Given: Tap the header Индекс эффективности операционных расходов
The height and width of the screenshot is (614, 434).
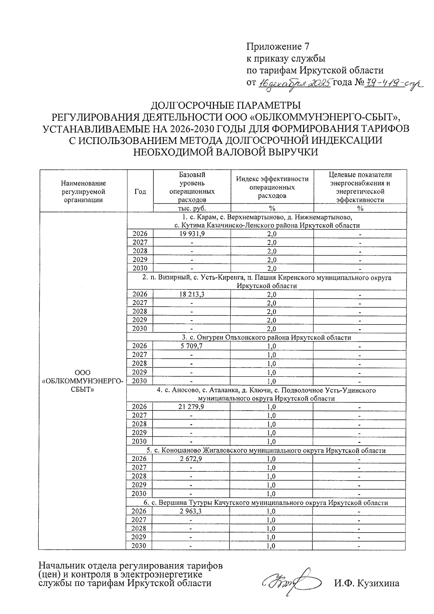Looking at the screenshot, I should point(272,187).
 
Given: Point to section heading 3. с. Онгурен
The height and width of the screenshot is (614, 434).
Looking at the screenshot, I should point(266,338).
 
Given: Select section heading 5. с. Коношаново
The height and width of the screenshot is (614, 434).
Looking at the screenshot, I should point(266,450).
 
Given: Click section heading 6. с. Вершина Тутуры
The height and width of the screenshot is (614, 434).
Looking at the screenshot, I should point(266,503).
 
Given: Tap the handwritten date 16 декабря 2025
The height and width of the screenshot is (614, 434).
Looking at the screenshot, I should point(295,83).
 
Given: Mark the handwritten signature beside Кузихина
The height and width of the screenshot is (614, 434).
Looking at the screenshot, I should point(289,583).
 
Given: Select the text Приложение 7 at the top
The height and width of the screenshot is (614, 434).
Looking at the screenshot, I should point(278,46).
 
